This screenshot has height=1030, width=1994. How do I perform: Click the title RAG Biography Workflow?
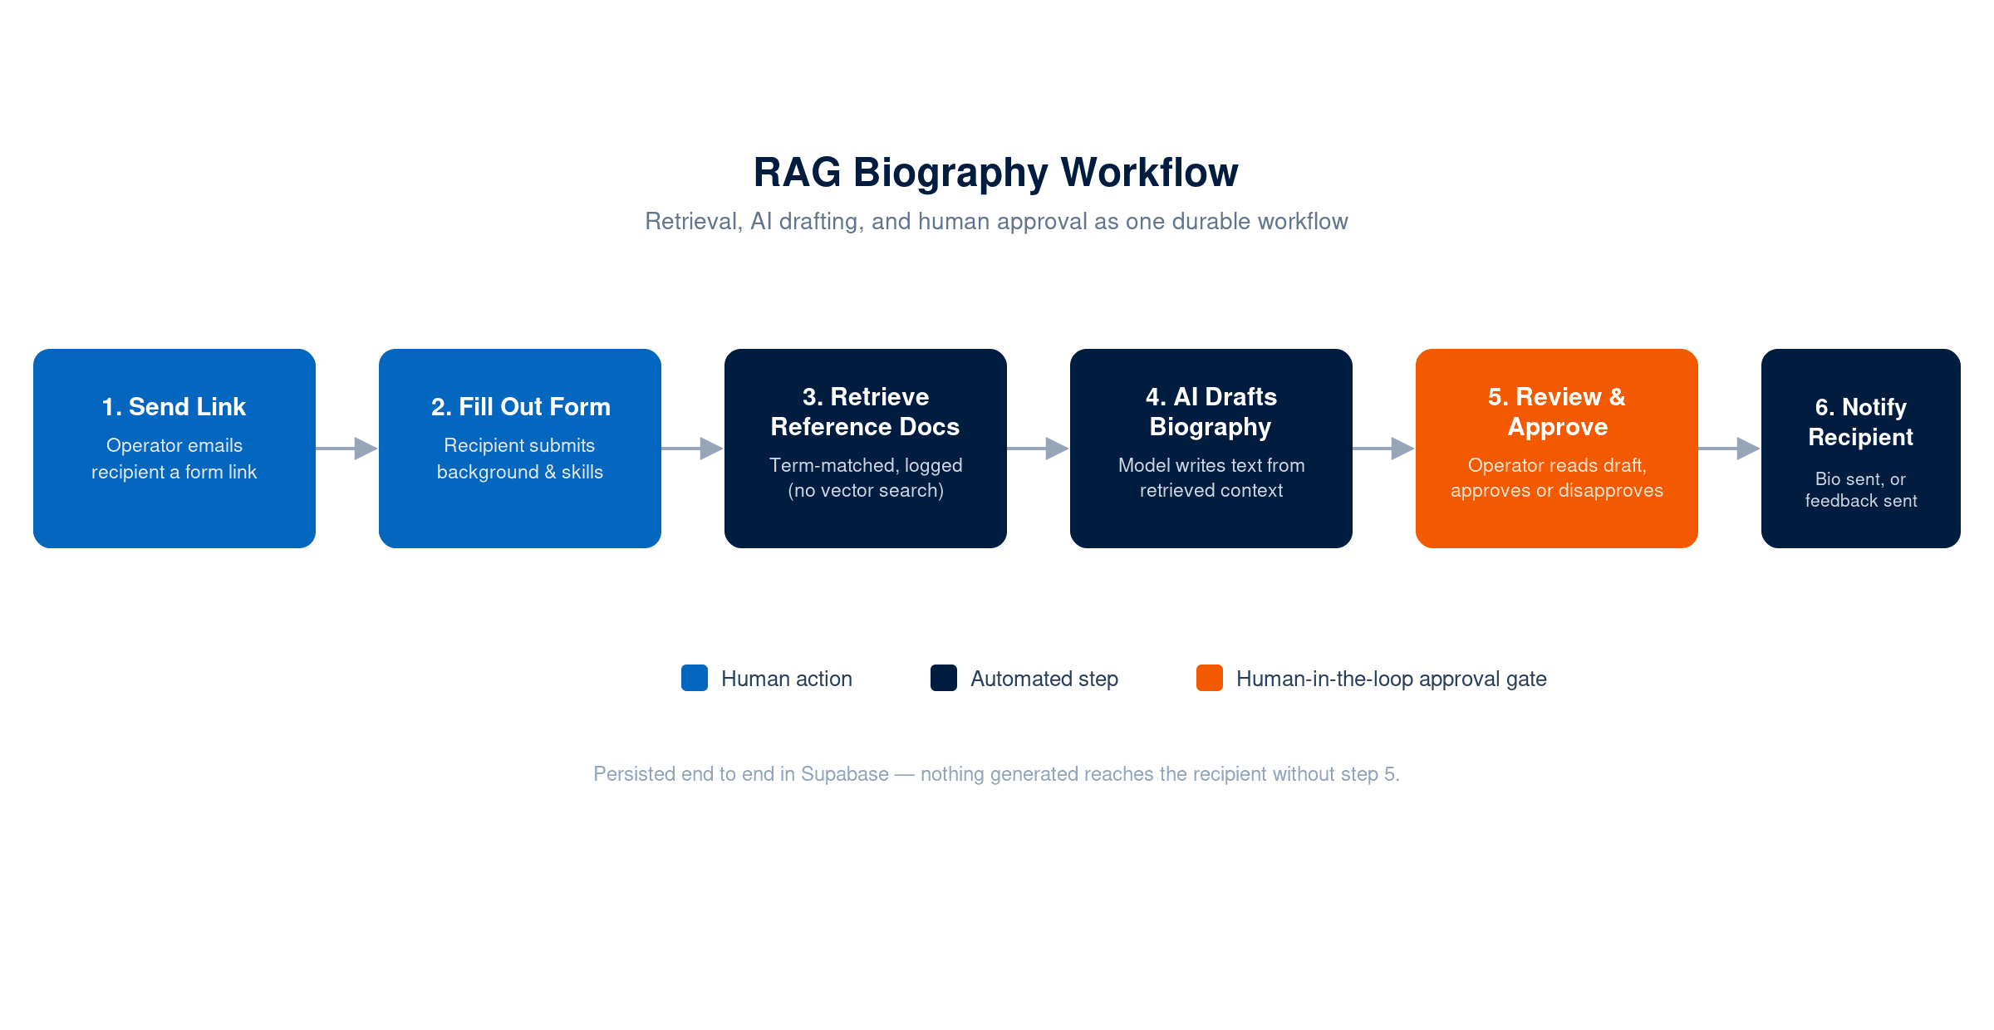click(995, 174)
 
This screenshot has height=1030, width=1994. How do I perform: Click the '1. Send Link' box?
click(174, 449)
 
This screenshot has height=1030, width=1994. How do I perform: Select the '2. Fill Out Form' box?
click(520, 449)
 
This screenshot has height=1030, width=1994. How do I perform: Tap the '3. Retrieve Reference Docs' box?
click(866, 449)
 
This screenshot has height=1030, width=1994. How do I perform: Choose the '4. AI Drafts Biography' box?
click(1211, 449)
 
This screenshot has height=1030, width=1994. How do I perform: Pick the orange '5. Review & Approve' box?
click(1557, 449)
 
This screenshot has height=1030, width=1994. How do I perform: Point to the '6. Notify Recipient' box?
click(1861, 449)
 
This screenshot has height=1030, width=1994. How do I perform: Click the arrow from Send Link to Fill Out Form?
click(347, 449)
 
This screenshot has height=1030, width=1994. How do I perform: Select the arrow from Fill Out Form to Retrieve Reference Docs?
click(693, 449)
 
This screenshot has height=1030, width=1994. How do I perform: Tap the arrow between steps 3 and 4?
click(1039, 449)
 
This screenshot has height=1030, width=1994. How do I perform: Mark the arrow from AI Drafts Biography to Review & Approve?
click(1384, 449)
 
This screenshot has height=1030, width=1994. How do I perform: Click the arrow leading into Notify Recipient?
click(1730, 449)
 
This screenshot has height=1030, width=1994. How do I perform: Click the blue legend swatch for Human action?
click(695, 678)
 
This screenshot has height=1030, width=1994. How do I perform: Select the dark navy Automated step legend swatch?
click(944, 678)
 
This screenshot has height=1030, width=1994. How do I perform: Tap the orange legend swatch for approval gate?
click(1210, 678)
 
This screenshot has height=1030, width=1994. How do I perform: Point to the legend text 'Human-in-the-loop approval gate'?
click(1392, 679)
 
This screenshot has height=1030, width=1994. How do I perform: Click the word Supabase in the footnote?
click(845, 774)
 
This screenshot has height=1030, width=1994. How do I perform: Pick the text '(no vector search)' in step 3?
click(866, 491)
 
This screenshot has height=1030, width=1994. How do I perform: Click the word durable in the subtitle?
click(1203, 221)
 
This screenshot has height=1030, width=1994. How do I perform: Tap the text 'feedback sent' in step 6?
click(1861, 501)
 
